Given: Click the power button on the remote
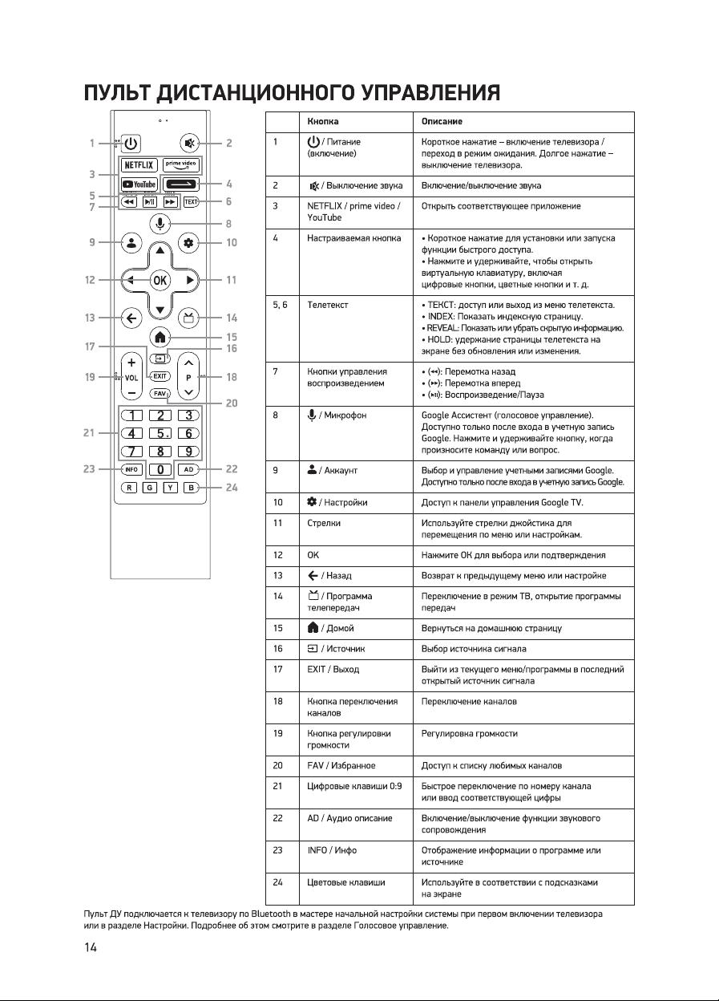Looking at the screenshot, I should [x=131, y=144].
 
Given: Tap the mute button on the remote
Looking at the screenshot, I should [x=188, y=144].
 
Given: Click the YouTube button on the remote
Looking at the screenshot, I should [x=139, y=184].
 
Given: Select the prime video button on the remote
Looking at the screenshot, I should [x=180, y=164].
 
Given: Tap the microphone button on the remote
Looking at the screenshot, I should [x=160, y=224].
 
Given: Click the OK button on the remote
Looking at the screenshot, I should [x=160, y=281].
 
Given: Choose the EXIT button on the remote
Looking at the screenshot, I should [x=160, y=375].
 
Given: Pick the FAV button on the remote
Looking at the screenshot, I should [x=160, y=394].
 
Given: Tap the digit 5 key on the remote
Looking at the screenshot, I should [x=160, y=433].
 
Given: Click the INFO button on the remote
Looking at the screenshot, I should [x=132, y=468].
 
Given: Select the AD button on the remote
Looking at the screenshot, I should [x=188, y=468].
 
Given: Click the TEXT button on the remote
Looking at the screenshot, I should [x=190, y=202].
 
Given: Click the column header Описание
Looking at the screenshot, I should [x=442, y=121].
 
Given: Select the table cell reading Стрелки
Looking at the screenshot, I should [x=324, y=522].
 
